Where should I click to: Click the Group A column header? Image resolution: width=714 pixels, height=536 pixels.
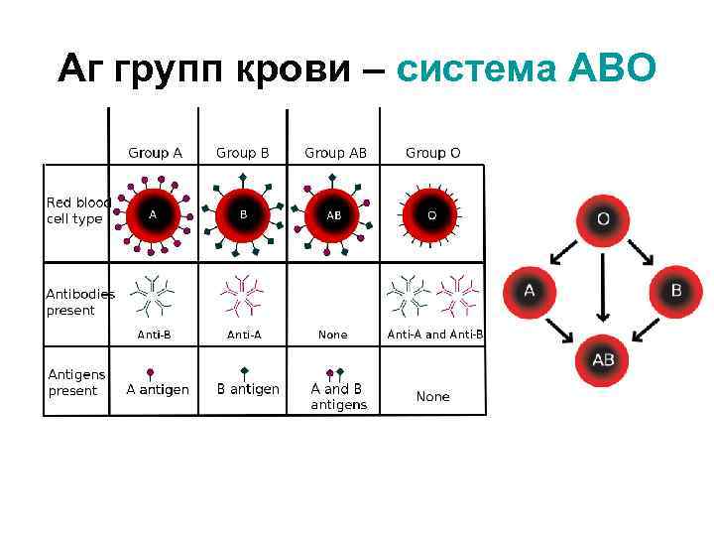pyautogui.click(x=155, y=153)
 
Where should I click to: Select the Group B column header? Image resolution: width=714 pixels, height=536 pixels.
pyautogui.click(x=243, y=153)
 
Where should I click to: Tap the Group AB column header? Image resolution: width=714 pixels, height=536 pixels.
pyautogui.click(x=335, y=153)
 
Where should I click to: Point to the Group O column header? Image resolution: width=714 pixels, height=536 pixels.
pyautogui.click(x=432, y=153)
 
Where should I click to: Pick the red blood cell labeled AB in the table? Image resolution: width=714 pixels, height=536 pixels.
pyautogui.click(x=334, y=214)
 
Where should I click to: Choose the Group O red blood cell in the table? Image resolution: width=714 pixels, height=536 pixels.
pyautogui.click(x=431, y=214)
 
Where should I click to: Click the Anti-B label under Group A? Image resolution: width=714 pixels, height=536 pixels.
pyautogui.click(x=154, y=335)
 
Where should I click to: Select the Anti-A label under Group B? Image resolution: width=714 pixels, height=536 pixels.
pyautogui.click(x=244, y=335)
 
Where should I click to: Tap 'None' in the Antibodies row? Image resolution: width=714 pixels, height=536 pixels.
pyautogui.click(x=332, y=335)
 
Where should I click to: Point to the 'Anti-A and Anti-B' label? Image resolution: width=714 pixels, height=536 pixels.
pyautogui.click(x=435, y=335)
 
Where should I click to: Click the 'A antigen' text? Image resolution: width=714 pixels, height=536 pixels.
pyautogui.click(x=158, y=389)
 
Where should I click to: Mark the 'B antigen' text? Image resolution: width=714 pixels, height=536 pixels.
pyautogui.click(x=248, y=389)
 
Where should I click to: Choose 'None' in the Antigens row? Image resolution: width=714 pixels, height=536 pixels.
pyautogui.click(x=432, y=396)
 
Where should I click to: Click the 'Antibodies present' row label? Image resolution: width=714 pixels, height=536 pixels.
pyautogui.click(x=79, y=302)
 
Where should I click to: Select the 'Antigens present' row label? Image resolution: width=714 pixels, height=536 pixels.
pyautogui.click(x=74, y=382)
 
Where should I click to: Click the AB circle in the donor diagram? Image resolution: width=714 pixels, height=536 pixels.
pyautogui.click(x=602, y=359)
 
